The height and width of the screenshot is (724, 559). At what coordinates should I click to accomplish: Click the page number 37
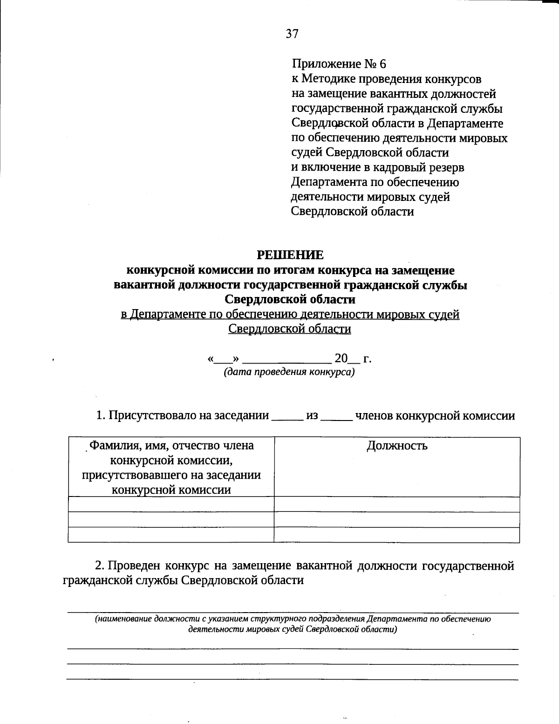pyautogui.click(x=292, y=34)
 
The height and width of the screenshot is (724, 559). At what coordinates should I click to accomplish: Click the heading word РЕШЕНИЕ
pyautogui.click(x=290, y=255)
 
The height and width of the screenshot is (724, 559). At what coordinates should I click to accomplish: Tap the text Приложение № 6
pyautogui.click(x=339, y=64)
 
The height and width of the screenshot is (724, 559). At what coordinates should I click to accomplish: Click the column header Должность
pyautogui.click(x=397, y=446)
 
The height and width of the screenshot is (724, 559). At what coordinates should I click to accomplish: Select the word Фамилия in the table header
pyautogui.click(x=111, y=446)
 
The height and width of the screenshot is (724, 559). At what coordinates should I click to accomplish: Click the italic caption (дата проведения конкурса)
pyautogui.click(x=289, y=372)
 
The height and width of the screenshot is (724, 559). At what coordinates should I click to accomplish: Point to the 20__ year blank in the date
pyautogui.click(x=347, y=359)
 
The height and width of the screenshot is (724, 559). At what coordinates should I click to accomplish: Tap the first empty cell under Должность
pyautogui.click(x=396, y=504)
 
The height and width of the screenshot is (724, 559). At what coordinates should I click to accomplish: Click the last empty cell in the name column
pyautogui.click(x=171, y=535)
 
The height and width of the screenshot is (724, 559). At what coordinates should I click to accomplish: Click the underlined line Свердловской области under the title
pyautogui.click(x=290, y=329)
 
